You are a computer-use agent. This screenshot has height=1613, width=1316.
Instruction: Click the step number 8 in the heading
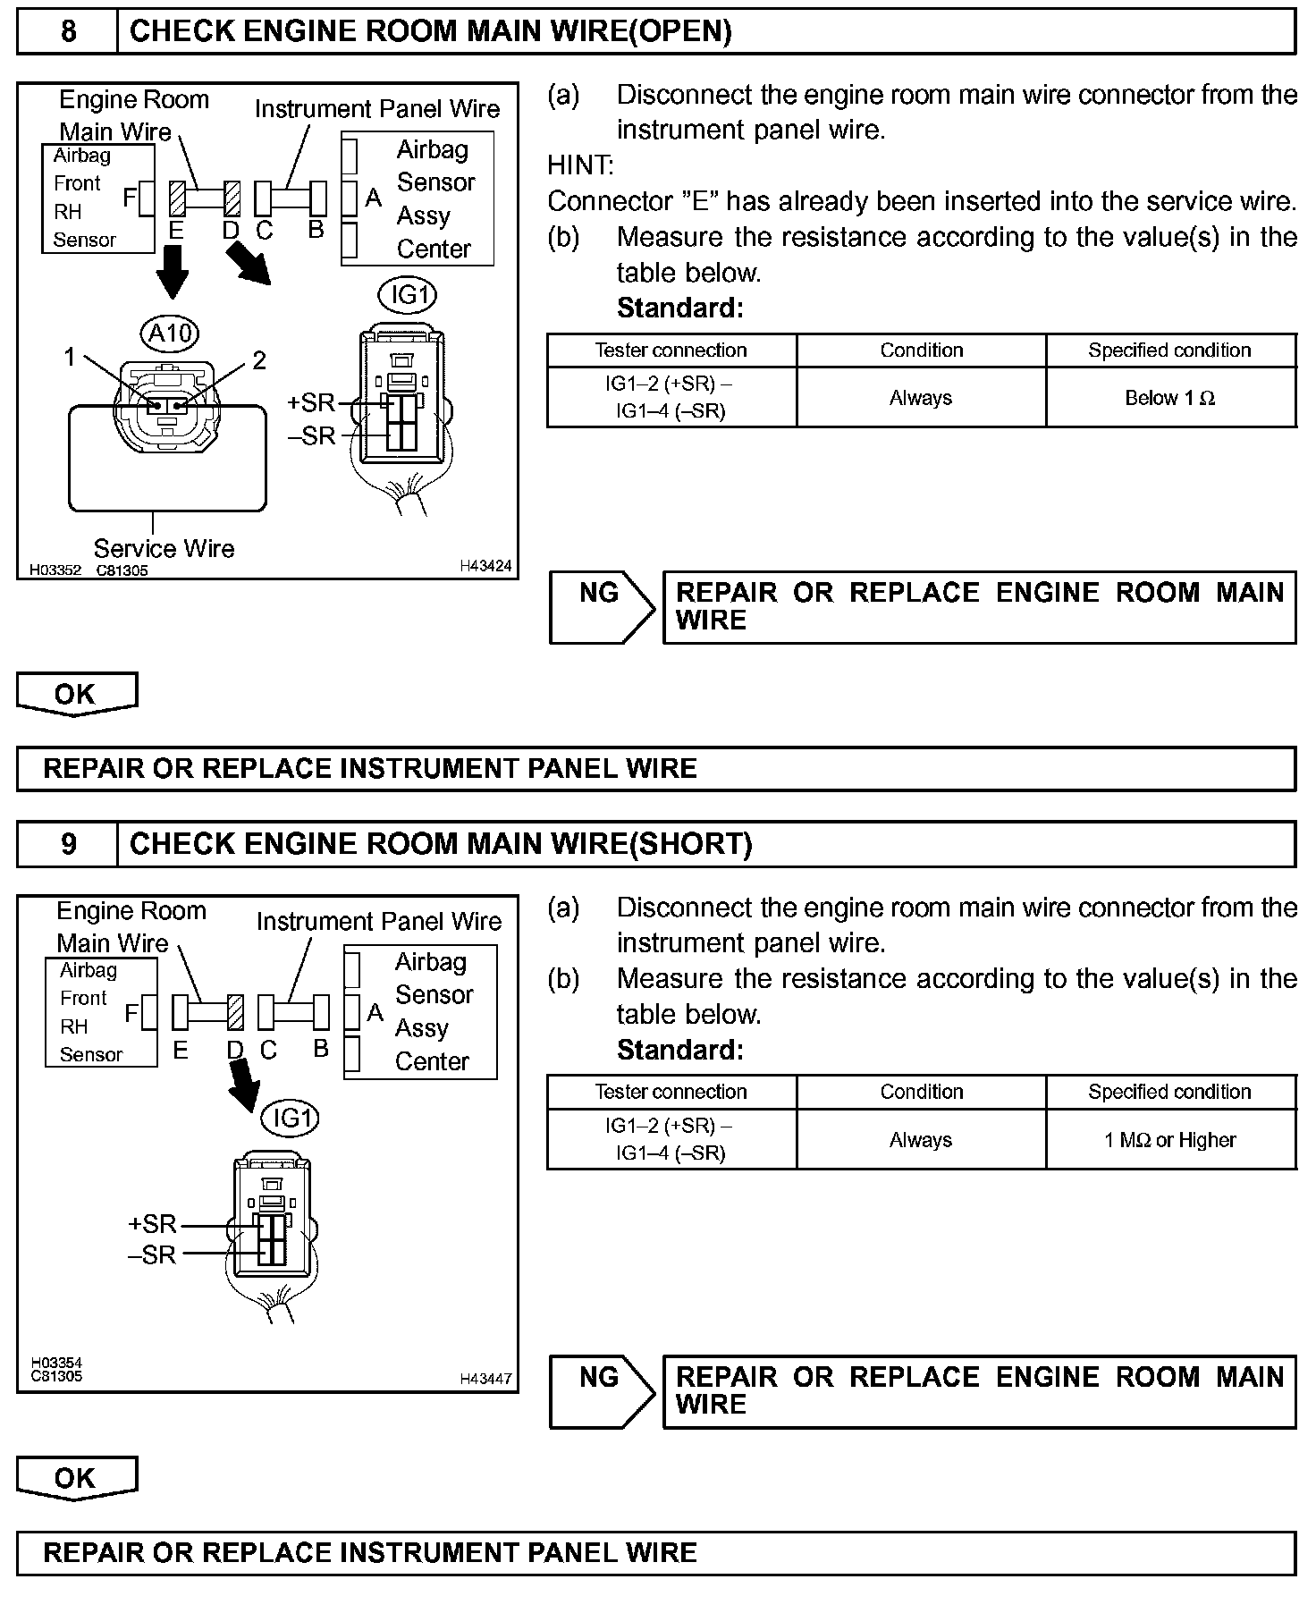(68, 32)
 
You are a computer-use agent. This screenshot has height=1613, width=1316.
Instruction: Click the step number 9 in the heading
(68, 844)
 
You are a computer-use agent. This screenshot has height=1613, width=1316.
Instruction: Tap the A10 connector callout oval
(170, 334)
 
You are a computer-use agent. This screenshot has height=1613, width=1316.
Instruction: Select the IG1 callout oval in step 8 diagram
(408, 295)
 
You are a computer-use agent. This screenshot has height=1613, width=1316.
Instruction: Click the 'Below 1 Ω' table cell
(1169, 398)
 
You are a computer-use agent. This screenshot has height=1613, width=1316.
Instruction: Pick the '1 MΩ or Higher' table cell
(1169, 1140)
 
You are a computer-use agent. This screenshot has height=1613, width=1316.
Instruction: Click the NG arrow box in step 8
(602, 607)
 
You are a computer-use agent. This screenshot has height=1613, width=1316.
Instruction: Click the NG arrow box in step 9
(602, 1391)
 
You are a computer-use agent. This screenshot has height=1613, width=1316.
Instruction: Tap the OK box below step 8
(76, 694)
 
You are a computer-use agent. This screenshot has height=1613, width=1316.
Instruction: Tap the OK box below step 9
(76, 1478)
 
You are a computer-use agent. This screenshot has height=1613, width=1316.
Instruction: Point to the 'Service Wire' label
(164, 548)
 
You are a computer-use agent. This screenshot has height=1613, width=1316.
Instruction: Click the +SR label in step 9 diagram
(152, 1224)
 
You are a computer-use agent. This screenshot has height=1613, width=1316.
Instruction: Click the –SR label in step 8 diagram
(311, 435)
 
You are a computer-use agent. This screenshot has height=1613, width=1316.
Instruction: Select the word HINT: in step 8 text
(580, 165)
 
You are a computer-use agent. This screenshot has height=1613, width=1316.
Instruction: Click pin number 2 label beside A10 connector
(259, 360)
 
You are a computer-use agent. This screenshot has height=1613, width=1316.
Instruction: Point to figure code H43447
(485, 1378)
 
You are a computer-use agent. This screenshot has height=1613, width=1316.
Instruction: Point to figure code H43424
(485, 565)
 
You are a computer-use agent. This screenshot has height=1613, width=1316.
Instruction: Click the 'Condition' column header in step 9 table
(921, 1092)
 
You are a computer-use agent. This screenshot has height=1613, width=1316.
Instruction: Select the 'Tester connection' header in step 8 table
(671, 350)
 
